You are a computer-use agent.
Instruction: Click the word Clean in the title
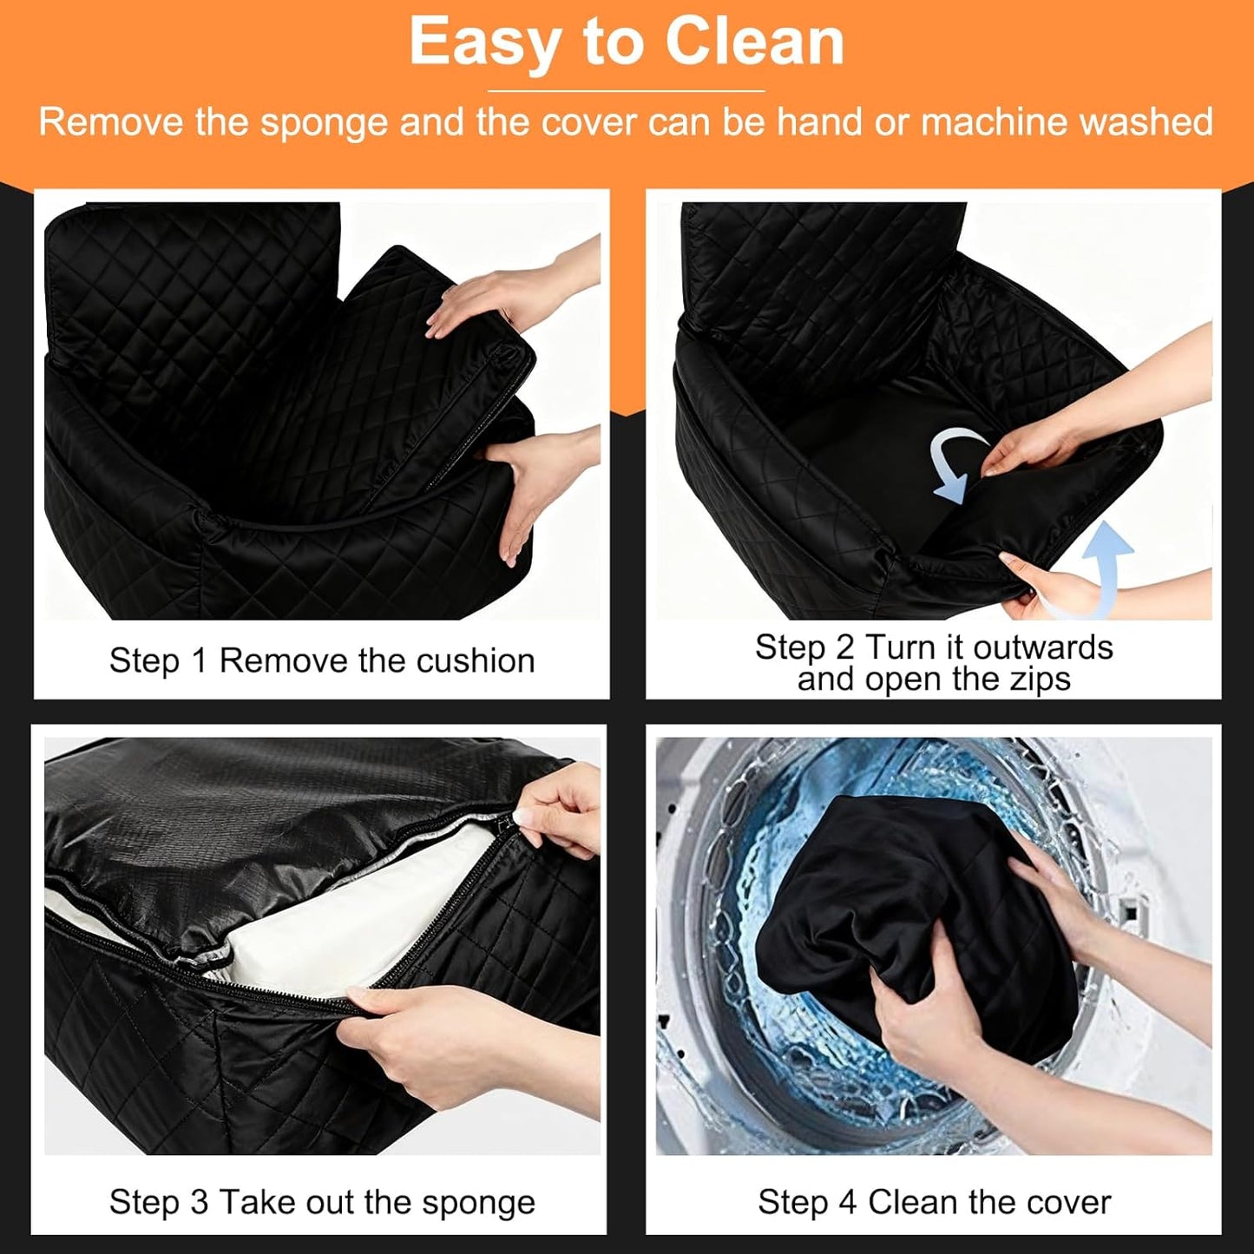pos(754,42)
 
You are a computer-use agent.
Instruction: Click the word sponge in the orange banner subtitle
pos(323,122)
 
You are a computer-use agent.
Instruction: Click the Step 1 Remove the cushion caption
pos(322,661)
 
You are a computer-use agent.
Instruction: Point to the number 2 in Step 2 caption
pos(844,647)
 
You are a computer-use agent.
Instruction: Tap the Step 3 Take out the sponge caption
pos(322,1203)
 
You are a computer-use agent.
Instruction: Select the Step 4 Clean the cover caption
pos(934,1203)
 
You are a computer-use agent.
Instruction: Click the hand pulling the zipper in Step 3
pos(555,811)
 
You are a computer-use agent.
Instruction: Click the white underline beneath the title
pos(626,90)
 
